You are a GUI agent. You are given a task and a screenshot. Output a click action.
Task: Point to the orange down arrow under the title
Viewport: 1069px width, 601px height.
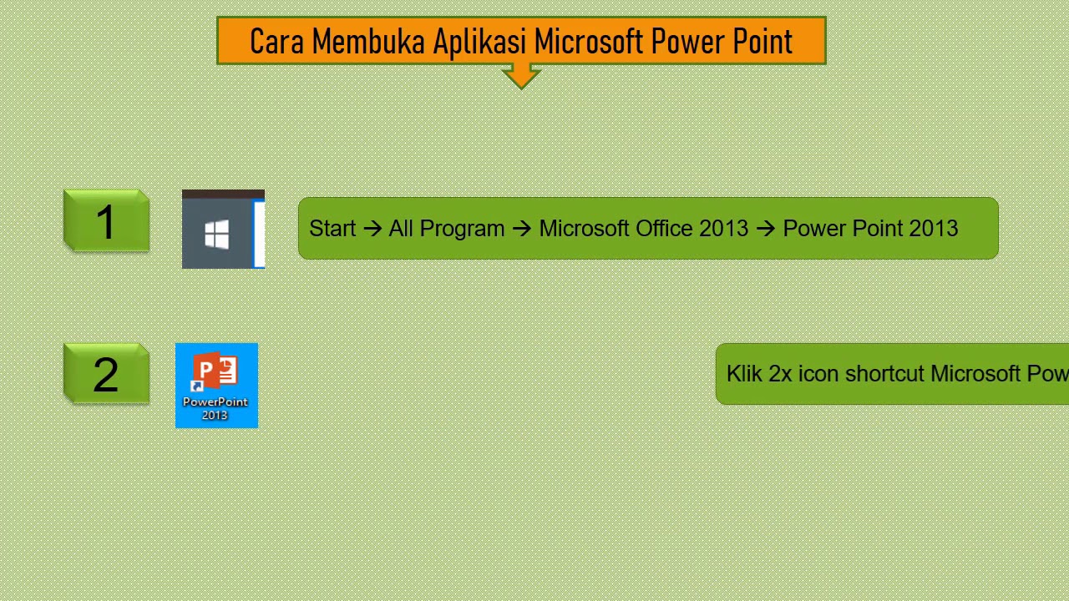click(521, 77)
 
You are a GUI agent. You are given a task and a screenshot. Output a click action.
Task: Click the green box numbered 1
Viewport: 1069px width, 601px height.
click(106, 222)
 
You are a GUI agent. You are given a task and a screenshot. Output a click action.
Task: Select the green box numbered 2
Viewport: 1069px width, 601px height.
click(106, 375)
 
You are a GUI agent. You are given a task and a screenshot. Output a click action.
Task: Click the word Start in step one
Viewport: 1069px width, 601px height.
click(332, 229)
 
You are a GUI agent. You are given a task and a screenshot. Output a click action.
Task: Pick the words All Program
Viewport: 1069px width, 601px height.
click(446, 229)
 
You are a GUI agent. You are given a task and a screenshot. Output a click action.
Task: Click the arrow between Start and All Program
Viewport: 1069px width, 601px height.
click(372, 229)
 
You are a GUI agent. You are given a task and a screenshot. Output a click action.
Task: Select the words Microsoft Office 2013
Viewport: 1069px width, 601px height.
click(643, 229)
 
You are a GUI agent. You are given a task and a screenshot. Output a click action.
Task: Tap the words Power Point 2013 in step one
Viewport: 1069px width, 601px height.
click(870, 229)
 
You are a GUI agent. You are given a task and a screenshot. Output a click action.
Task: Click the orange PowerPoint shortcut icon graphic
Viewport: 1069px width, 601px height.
click(215, 371)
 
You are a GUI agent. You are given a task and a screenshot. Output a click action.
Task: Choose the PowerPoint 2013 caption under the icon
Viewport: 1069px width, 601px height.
click(215, 408)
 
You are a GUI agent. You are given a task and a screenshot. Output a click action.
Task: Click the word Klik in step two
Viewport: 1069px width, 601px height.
click(744, 374)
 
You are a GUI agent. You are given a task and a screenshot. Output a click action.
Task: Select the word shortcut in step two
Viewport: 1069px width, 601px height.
click(884, 374)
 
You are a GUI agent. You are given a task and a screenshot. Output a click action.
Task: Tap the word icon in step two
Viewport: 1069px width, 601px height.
click(818, 374)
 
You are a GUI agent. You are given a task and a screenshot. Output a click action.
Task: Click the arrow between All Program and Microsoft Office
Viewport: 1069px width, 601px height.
click(522, 229)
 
